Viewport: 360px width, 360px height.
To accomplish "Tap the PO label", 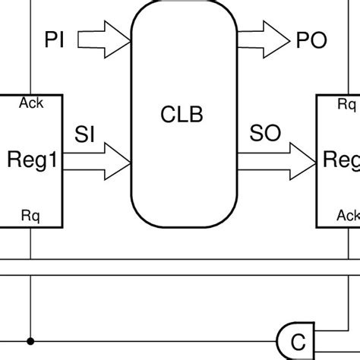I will coord(312,39).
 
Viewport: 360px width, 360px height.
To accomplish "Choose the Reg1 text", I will coord(32,161).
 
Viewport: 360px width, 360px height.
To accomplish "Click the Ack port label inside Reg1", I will coord(31,104).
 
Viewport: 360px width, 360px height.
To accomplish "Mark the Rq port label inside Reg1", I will coord(30,218).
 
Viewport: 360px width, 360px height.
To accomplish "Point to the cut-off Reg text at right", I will coord(341,161).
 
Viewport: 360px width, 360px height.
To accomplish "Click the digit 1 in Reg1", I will coord(52,161).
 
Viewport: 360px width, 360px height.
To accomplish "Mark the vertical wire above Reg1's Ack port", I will coord(30,46).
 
